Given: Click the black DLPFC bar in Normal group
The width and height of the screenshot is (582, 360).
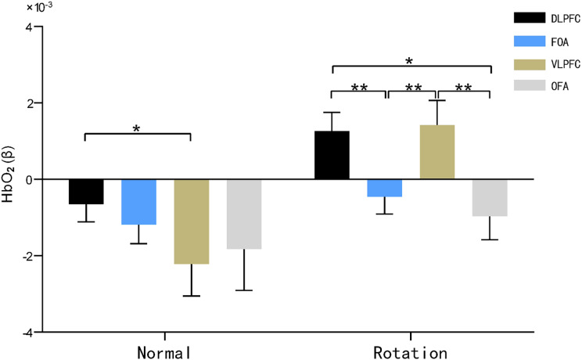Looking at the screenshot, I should coord(86,192).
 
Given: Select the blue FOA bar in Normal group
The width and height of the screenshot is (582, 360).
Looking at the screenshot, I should coord(138,202).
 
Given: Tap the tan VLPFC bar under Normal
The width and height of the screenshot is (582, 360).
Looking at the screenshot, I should coord(191,221).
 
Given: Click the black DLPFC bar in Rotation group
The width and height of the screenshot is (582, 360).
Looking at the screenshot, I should coord(332,155).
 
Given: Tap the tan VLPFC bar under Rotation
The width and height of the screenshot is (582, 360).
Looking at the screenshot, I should coord(436,152).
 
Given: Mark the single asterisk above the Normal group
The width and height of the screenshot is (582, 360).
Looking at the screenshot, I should coord(137,128).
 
